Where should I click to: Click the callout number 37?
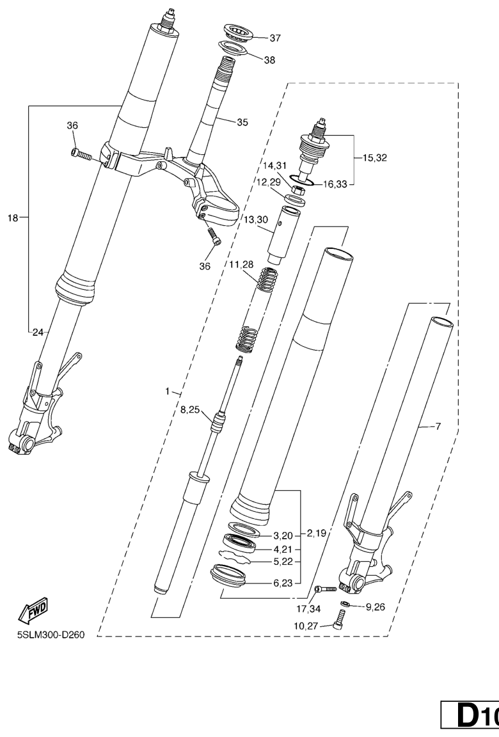point(275,38)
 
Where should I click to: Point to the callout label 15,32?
point(374,156)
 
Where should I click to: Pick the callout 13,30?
point(256,219)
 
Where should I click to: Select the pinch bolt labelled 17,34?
point(326,589)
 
